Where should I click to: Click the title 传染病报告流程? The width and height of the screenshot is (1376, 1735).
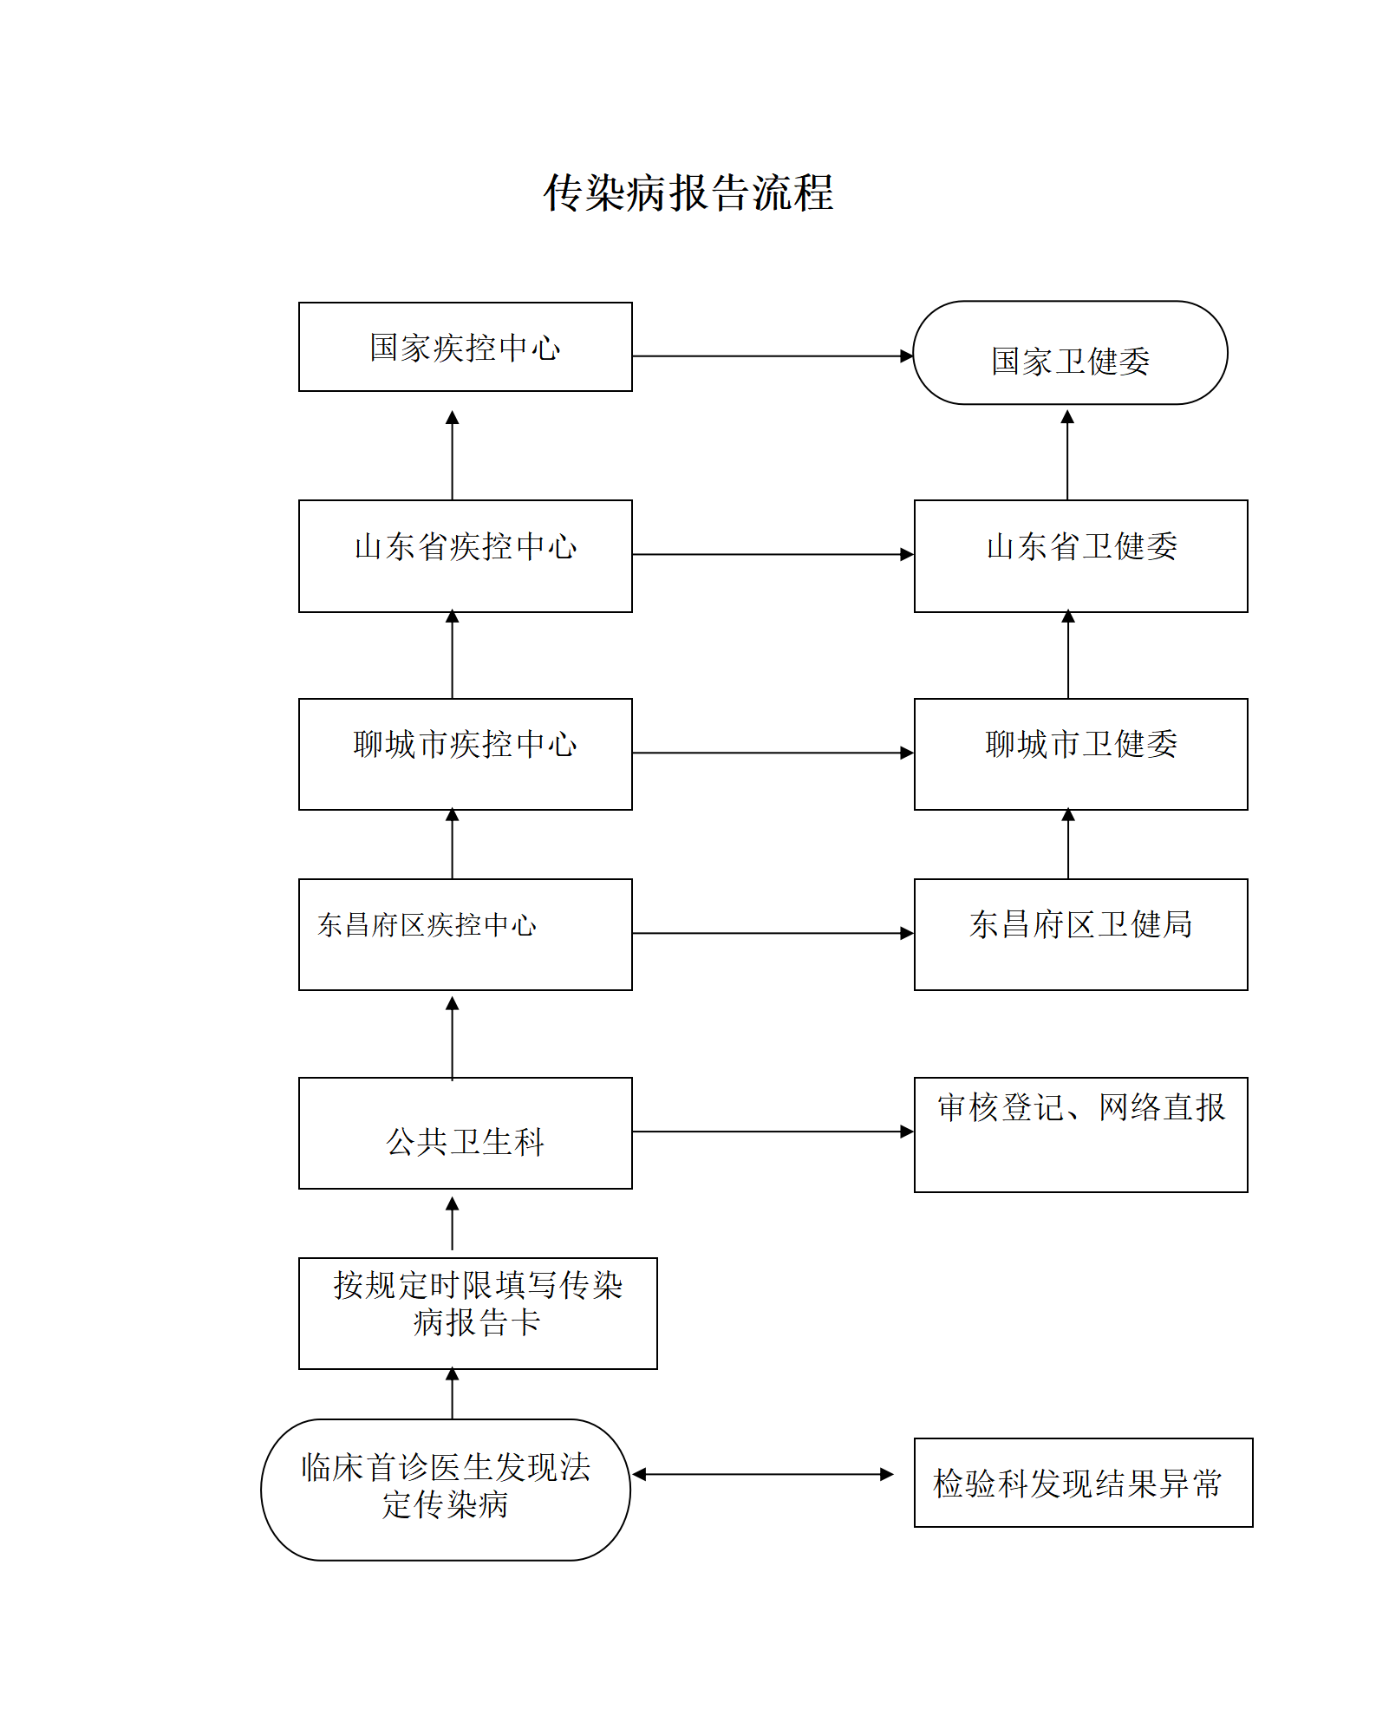pos(688,192)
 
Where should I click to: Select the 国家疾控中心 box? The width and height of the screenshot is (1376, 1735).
pos(465,347)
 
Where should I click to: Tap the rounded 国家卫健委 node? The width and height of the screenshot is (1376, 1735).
pos(1070,354)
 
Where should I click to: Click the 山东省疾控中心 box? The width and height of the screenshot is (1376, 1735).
pos(465,555)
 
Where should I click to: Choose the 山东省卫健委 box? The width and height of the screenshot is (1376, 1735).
pos(1080,555)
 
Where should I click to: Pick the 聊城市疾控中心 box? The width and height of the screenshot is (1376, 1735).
pos(465,753)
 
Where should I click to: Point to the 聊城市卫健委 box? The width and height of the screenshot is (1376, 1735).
pos(1080,753)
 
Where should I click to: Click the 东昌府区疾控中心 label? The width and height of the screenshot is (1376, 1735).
pos(427,925)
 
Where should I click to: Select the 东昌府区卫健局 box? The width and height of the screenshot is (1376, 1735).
pos(1080,934)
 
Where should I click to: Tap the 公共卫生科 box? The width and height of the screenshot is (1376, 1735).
pos(465,1133)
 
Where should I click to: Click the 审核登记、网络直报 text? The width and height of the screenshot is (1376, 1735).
pos(1080,1108)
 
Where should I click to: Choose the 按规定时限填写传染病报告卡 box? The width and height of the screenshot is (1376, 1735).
pos(478,1313)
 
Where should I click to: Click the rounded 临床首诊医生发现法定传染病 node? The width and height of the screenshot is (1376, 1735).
pos(446,1490)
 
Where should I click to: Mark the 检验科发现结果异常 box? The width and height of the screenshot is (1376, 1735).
pos(1082,1483)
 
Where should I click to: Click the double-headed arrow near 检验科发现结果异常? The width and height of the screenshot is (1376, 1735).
pos(763,1474)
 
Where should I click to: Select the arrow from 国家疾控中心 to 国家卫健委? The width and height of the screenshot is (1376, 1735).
pos(772,355)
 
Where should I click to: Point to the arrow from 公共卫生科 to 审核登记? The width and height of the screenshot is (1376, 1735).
pos(772,1132)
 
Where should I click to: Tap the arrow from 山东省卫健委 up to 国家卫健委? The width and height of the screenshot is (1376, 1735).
pos(1067,455)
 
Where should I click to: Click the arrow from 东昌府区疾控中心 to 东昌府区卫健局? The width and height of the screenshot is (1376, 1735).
pos(772,934)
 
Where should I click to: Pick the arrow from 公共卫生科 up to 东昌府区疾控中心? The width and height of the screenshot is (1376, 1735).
pos(452,1037)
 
